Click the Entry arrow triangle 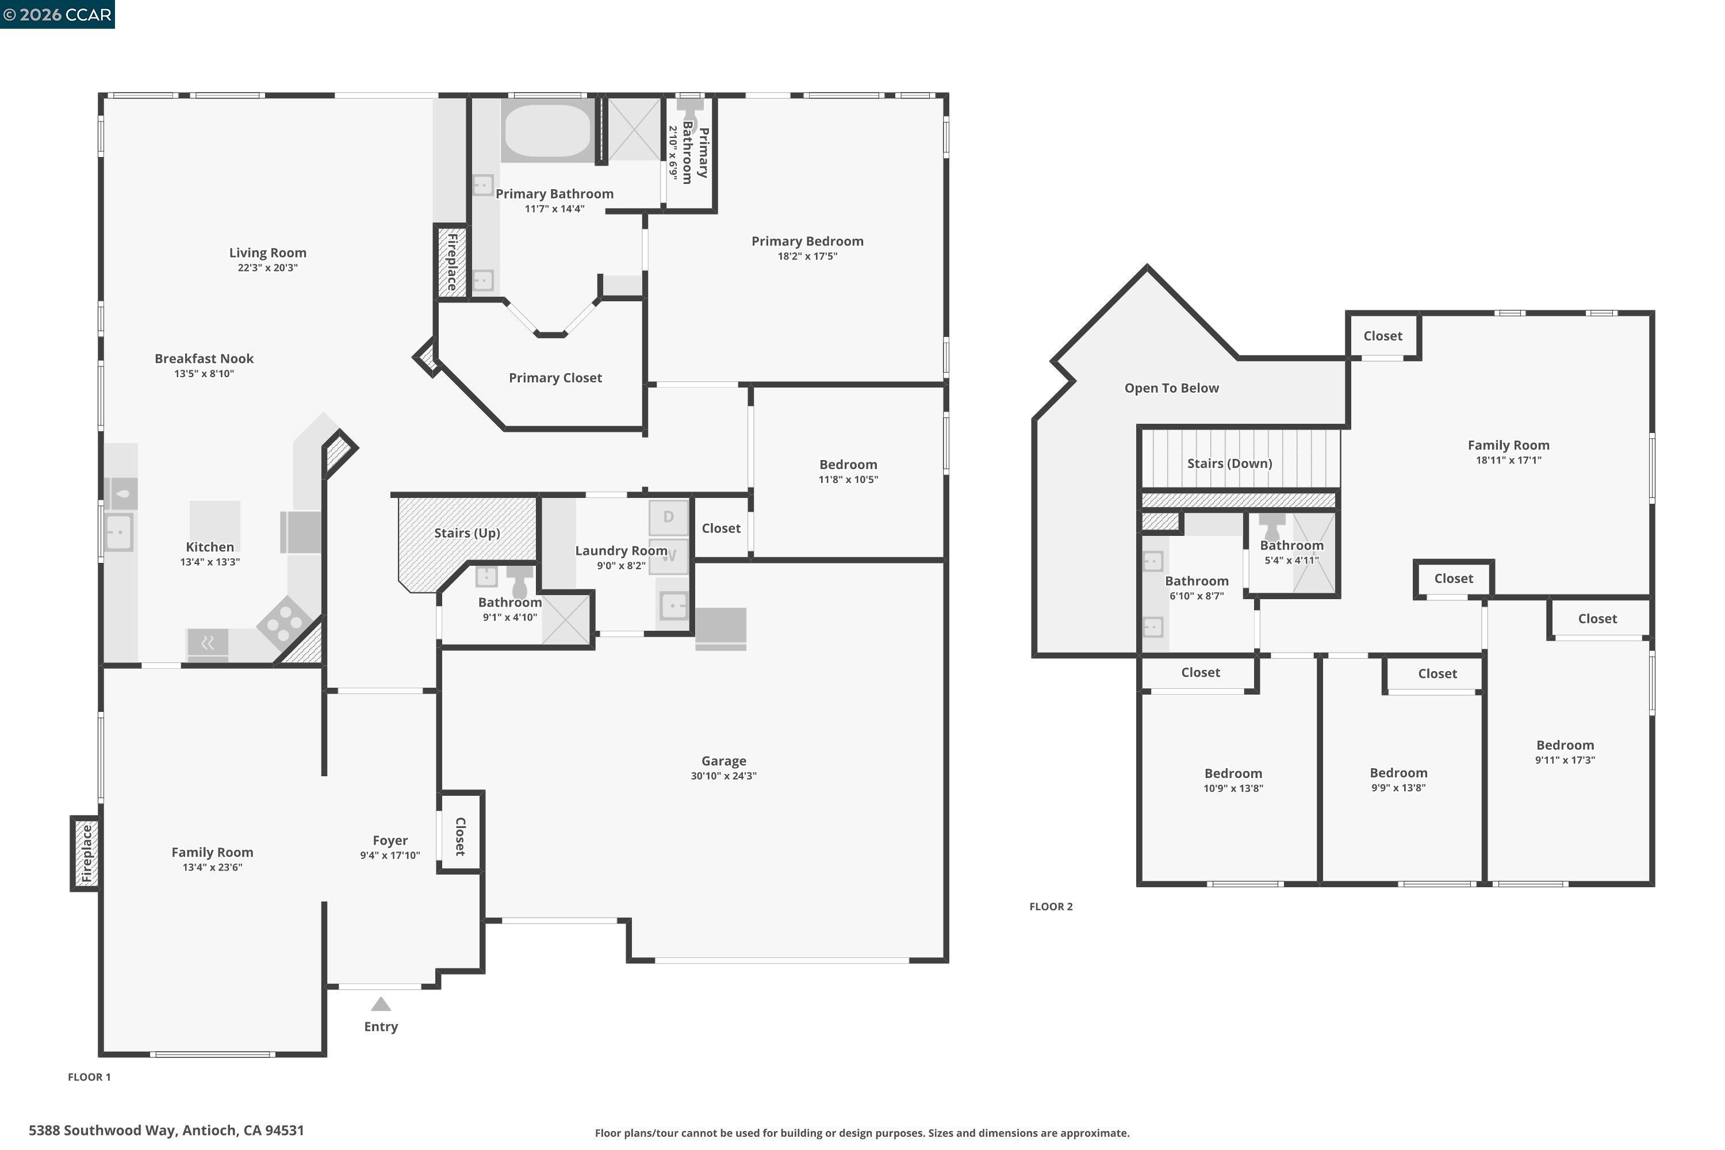(x=381, y=1004)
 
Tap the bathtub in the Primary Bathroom (x=547, y=131)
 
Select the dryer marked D (x=668, y=517)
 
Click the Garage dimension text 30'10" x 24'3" (x=723, y=776)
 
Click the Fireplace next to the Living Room (x=452, y=262)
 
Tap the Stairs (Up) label (x=466, y=533)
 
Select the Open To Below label (x=1171, y=388)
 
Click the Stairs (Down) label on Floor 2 (x=1229, y=463)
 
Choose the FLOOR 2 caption (x=1051, y=907)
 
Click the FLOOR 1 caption (x=89, y=1076)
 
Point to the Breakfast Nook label (x=204, y=359)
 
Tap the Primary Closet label (x=555, y=378)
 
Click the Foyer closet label (x=461, y=836)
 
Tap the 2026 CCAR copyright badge (x=57, y=14)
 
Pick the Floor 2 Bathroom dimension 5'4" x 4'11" (x=1291, y=560)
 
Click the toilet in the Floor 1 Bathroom (x=519, y=582)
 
